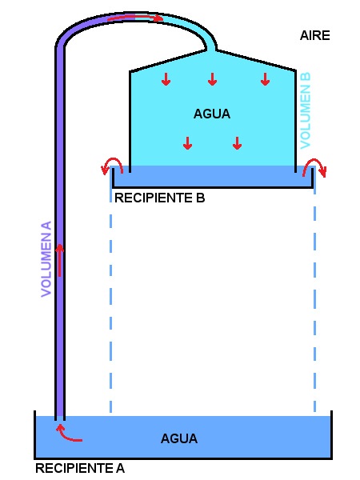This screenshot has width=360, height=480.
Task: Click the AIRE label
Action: tap(314, 35)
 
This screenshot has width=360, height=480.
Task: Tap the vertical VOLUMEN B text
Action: tap(306, 110)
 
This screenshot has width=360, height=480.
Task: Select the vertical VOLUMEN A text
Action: tap(46, 259)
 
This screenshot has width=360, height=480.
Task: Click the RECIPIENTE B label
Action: tap(159, 198)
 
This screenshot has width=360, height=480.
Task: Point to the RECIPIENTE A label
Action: tap(80, 468)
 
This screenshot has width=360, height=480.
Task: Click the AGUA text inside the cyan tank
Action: tap(212, 114)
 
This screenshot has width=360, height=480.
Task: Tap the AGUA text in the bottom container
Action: tap(179, 438)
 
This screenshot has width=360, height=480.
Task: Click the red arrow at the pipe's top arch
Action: tap(134, 18)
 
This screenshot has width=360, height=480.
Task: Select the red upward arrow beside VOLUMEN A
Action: tap(60, 260)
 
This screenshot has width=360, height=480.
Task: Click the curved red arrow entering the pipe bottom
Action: tap(66, 435)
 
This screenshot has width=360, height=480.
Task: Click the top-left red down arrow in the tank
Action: tap(166, 79)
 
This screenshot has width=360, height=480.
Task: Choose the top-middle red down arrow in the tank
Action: tap(213, 79)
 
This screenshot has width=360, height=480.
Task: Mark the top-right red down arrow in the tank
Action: tap(265, 79)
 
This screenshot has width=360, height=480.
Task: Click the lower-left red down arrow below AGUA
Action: tap(188, 143)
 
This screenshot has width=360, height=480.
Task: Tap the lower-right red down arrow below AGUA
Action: tap(238, 143)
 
